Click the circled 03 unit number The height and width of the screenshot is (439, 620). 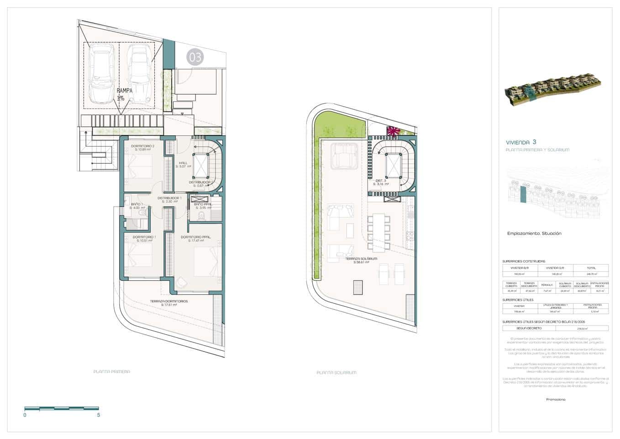(x=195, y=57)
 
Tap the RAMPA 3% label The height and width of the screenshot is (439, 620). (x=124, y=94)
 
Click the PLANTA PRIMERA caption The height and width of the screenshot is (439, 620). (x=111, y=372)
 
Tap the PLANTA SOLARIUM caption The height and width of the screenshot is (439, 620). (x=336, y=373)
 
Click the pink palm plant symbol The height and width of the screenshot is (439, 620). (x=393, y=131)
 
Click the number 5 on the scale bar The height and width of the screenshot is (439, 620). (x=99, y=415)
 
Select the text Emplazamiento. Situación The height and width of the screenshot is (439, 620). (x=534, y=234)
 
